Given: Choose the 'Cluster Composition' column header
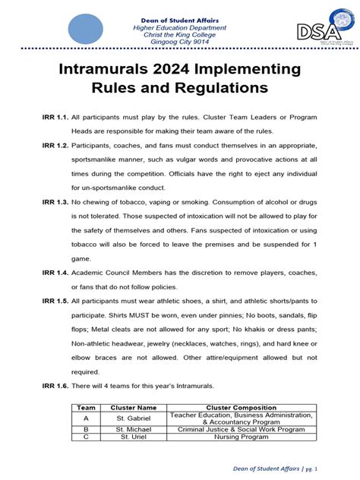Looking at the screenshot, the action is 241,408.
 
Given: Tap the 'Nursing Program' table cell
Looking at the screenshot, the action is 241,438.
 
